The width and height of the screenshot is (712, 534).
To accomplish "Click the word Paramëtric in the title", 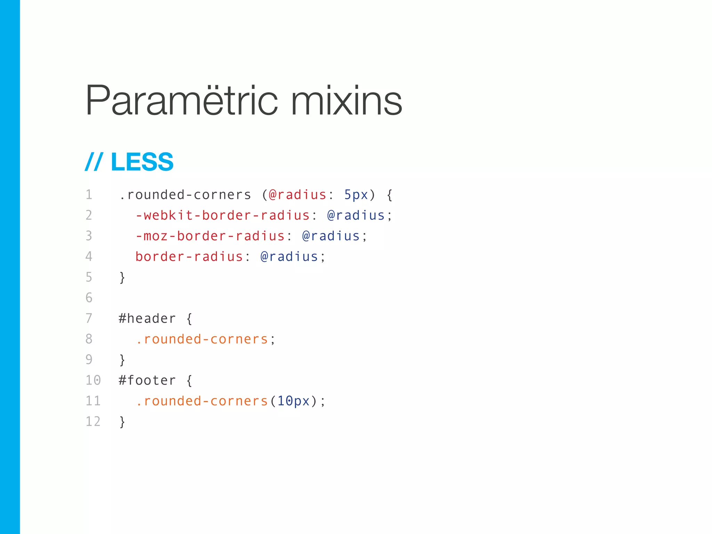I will (x=181, y=101).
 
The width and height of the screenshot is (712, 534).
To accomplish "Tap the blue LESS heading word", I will (x=142, y=162).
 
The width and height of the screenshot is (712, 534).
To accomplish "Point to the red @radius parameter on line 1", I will (x=298, y=195).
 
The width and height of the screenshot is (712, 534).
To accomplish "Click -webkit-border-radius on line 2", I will (x=222, y=216).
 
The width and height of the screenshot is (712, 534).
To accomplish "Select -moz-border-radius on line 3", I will (x=210, y=236).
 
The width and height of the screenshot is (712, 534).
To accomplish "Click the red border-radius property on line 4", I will (x=189, y=257).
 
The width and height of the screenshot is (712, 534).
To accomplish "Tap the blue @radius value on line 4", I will (x=289, y=257).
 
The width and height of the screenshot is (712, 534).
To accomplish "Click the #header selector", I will (x=147, y=318).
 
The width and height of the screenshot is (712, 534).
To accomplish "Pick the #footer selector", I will (x=147, y=380).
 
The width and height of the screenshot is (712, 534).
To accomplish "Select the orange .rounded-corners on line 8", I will (x=202, y=339).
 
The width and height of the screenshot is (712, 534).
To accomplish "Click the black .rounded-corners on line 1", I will (x=185, y=195).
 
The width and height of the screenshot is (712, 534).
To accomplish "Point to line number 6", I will (x=89, y=298).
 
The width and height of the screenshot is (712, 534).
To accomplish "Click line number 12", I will (x=93, y=422).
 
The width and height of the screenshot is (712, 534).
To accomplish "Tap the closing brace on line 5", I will (x=122, y=277).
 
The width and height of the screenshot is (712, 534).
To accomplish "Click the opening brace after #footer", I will (x=189, y=380).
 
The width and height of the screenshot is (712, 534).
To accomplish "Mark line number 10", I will (x=93, y=380).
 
